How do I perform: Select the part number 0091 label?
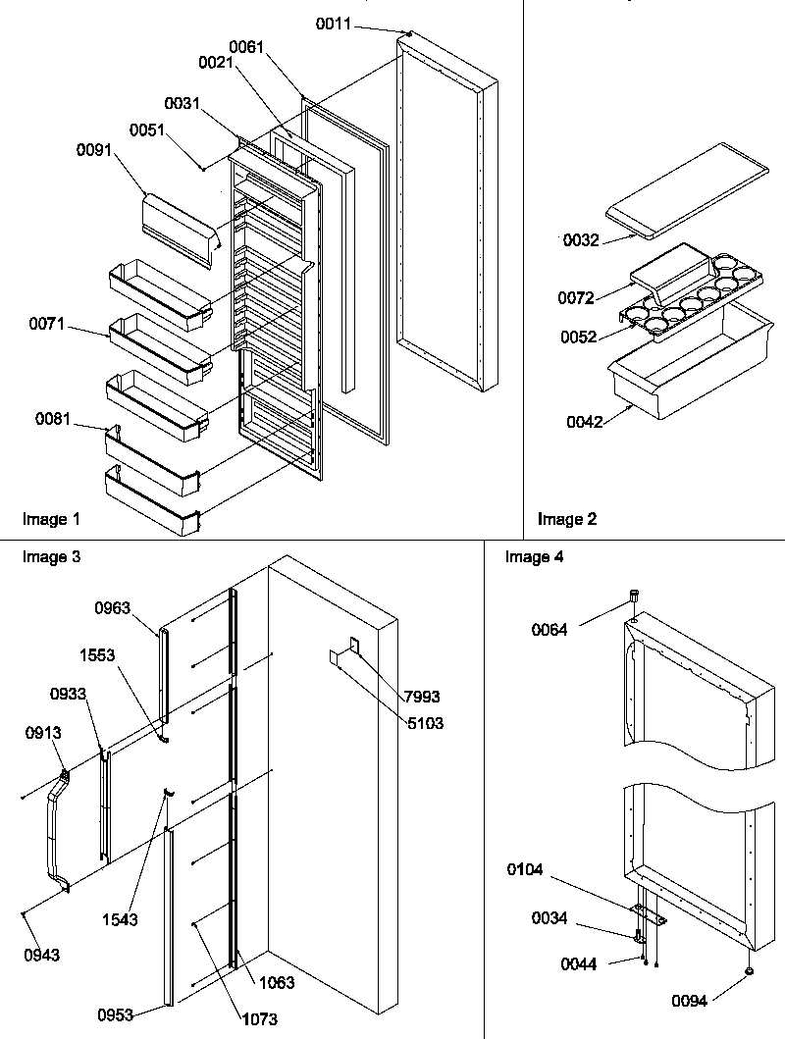click(94, 150)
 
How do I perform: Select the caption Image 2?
click(566, 519)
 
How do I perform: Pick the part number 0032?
click(582, 238)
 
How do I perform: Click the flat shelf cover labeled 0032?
click(677, 196)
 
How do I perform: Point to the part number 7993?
click(423, 697)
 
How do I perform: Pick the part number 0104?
click(526, 869)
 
